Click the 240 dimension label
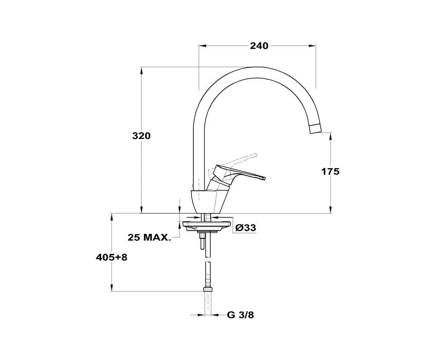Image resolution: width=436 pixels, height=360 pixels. [259, 45]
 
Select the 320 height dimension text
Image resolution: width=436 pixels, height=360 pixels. [141, 136]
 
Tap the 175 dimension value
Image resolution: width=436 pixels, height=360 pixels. [330, 171]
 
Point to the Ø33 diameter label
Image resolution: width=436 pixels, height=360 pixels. [246, 228]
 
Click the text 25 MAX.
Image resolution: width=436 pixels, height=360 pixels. [149, 237]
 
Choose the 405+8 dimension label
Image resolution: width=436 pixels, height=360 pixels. [111, 257]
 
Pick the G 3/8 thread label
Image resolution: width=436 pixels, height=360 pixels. [241, 315]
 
